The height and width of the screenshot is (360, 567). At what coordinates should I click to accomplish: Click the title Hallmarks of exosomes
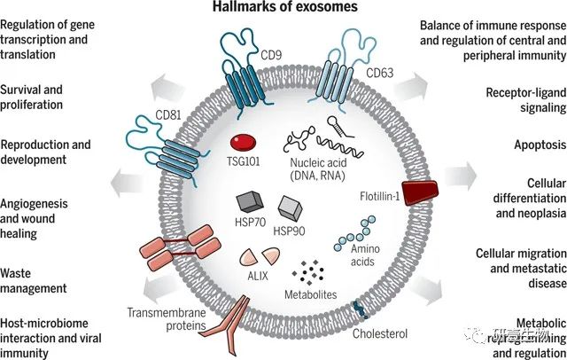[x=283, y=9]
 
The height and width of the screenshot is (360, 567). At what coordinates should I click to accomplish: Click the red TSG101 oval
[x=241, y=141]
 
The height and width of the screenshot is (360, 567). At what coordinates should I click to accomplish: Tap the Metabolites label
[x=310, y=293]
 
